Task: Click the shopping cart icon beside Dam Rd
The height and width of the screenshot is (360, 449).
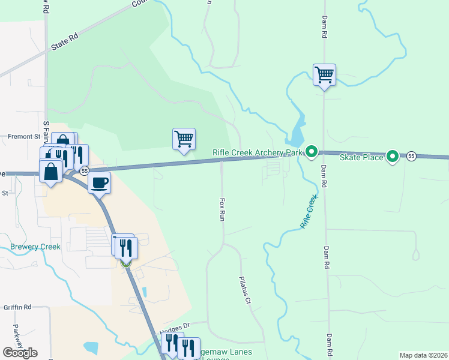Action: (x=324, y=76)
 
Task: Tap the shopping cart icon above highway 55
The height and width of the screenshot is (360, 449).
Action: (x=184, y=140)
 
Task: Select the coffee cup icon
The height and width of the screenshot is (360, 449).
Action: (x=100, y=182)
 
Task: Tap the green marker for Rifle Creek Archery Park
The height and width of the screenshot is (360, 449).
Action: (x=311, y=152)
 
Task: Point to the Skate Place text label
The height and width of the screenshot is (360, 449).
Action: (x=361, y=157)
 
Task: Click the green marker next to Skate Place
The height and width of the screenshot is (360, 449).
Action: (x=393, y=157)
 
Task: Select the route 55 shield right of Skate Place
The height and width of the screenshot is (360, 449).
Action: (x=411, y=156)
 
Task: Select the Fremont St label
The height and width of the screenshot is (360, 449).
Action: (x=23, y=137)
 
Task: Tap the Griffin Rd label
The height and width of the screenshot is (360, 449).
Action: (x=17, y=307)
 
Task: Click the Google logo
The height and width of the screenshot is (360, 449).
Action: (x=20, y=352)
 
